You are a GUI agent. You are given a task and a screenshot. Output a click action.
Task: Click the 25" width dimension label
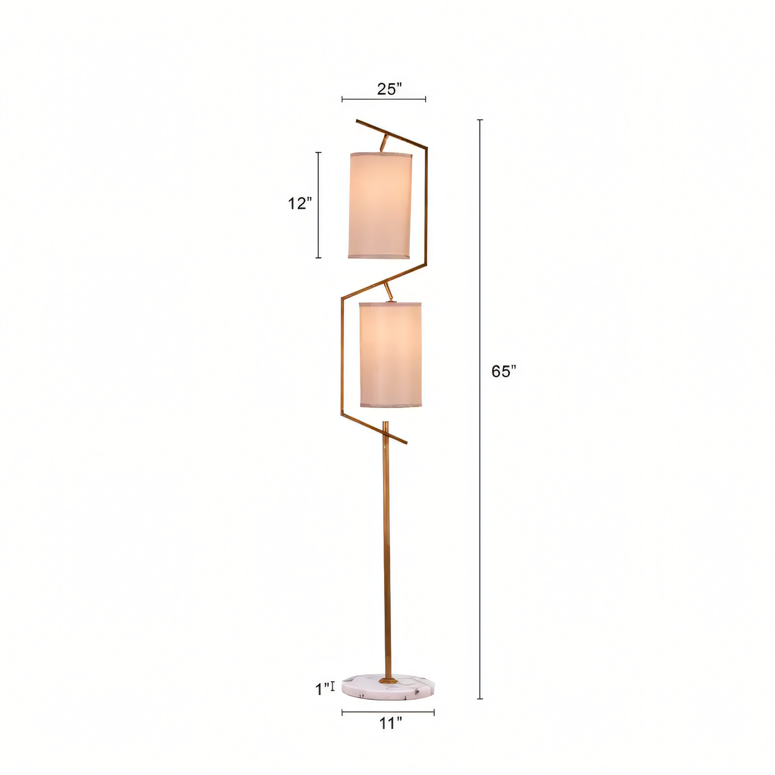pyautogui.click(x=389, y=89)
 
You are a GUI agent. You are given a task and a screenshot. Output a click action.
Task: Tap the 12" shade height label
pyautogui.click(x=299, y=204)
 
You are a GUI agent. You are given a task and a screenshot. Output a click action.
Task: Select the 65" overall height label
pyautogui.click(x=504, y=371)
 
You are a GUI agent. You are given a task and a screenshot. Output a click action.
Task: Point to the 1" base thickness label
pyautogui.click(x=322, y=689)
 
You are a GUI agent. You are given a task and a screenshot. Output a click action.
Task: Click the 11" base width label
pyautogui.click(x=390, y=724)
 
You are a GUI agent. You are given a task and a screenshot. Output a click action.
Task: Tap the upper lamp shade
pyautogui.click(x=380, y=205)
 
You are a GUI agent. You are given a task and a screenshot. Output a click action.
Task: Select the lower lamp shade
pyautogui.click(x=390, y=355)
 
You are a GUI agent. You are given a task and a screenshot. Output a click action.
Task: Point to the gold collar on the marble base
pyautogui.click(x=387, y=680)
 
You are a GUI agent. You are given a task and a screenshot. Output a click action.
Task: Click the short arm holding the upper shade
pyautogui.click(x=383, y=143)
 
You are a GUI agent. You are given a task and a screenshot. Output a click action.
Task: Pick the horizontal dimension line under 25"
pyautogui.click(x=384, y=99)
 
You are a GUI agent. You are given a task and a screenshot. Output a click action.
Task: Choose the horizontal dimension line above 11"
pyautogui.click(x=388, y=712)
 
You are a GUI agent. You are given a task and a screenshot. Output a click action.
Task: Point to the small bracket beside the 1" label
pyautogui.click(x=333, y=686)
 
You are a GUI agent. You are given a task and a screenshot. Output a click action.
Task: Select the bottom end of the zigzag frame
pyautogui.click(x=405, y=442)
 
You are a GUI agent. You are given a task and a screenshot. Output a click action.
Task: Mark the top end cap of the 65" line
pyautogui.click(x=480, y=120)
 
